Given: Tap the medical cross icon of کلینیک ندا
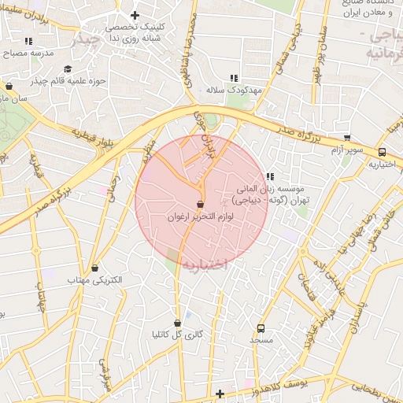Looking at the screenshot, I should coord(135,15).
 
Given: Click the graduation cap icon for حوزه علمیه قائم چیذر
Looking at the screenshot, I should coord(66,68).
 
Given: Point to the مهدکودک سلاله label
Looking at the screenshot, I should coord(233,90).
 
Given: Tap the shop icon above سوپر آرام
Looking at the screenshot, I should coord(347,138).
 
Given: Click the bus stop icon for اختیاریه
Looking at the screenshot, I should coord(382,152).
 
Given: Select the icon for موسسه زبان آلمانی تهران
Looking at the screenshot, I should coord(270,176).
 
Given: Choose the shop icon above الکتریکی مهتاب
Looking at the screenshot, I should coord(95,268).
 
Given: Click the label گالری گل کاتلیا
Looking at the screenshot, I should coord(177,335).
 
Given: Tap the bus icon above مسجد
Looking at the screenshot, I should coord(261,329).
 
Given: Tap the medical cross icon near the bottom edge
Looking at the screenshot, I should coord(220,394).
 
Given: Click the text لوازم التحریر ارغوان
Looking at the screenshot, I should coord(201,216).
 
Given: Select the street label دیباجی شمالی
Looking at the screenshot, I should coord(292,37).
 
